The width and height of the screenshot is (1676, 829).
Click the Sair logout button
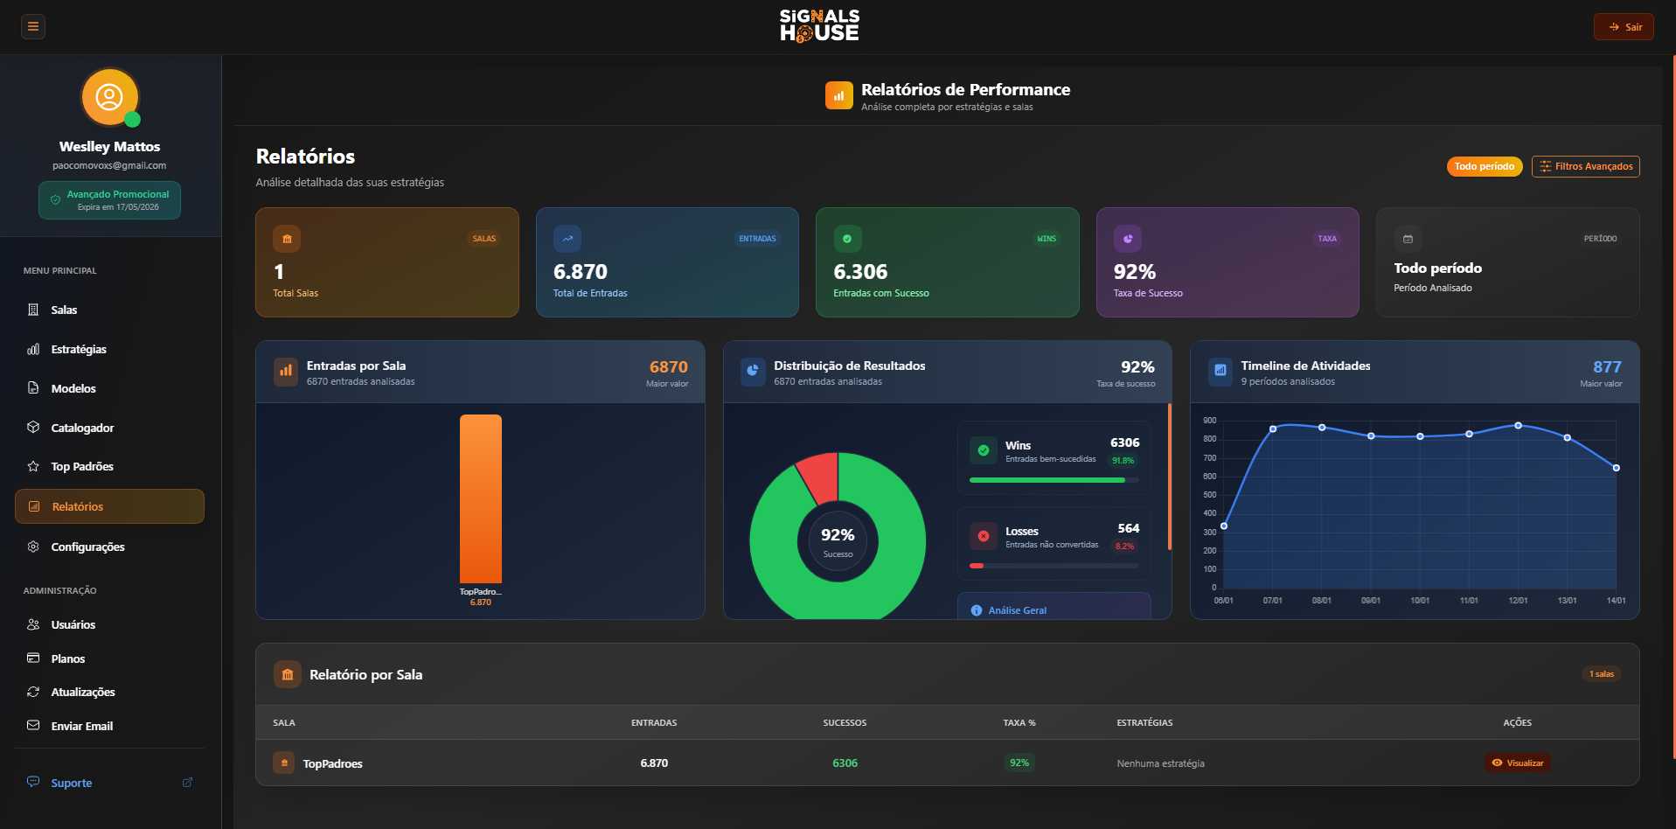[x=1624, y=27]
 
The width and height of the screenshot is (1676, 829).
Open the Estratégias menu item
[x=78, y=349]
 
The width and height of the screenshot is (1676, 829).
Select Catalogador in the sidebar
[x=82, y=428]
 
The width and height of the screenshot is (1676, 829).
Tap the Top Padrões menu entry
[x=81, y=466]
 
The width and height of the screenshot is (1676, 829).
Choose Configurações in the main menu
[x=87, y=547]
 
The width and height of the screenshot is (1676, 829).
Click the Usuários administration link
[x=73, y=624]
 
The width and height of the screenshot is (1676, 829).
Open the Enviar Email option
[x=81, y=726]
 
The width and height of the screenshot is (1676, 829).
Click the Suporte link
[x=71, y=783]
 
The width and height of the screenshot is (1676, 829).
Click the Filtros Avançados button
[x=1585, y=166]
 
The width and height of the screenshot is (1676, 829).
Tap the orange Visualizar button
[x=1517, y=763]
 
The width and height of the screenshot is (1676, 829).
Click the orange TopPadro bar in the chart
[x=480, y=498]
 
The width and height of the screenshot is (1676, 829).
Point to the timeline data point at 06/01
[x=1224, y=526]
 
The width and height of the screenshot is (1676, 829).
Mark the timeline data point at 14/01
[x=1616, y=468]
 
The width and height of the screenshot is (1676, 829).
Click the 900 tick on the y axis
[x=1209, y=421]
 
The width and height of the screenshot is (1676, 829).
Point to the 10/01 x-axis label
[x=1420, y=601]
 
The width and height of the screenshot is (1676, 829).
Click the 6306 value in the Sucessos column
[x=845, y=763]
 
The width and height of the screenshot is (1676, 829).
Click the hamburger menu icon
[x=33, y=26]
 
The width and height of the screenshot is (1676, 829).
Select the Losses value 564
[x=1128, y=528]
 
